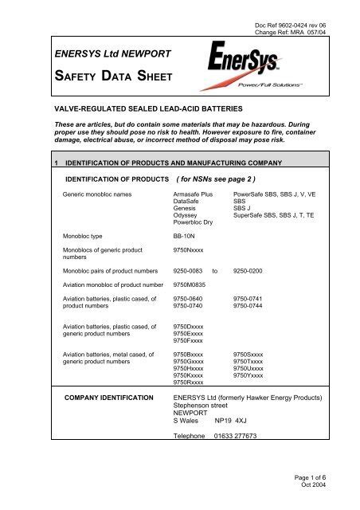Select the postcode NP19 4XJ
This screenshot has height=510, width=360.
point(234,420)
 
